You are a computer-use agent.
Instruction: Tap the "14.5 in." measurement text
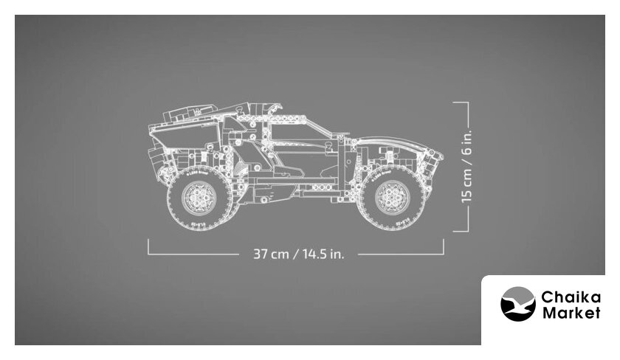[x=323, y=254]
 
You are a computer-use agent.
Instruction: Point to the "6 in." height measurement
[x=466, y=142]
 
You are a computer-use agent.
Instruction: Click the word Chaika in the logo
[x=571, y=297]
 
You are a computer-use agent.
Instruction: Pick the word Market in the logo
[x=571, y=313]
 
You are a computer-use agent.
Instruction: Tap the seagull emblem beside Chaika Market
[x=518, y=304]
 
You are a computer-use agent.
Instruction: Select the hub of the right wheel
[x=393, y=198]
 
